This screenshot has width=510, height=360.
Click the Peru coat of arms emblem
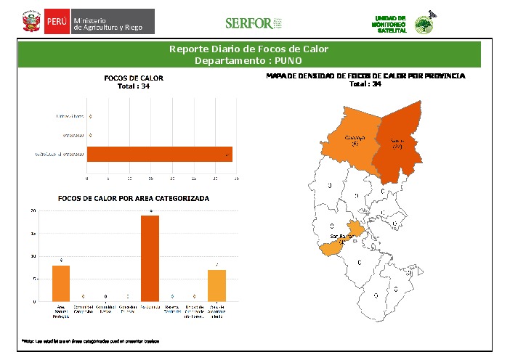tap(31, 21)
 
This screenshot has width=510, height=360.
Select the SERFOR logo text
tap(249, 23)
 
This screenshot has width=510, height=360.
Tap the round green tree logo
tap(423, 25)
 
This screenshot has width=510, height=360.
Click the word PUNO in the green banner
tap(287, 60)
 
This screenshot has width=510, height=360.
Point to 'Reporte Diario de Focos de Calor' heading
tap(248, 49)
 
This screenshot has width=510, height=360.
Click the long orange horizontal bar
tap(160, 154)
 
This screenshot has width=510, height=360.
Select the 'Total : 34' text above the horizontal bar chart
tap(134, 86)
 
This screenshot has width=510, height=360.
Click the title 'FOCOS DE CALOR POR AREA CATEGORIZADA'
tap(134, 197)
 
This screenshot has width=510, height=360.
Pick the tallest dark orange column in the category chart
tap(150, 258)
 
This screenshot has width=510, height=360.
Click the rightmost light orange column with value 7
tap(216, 285)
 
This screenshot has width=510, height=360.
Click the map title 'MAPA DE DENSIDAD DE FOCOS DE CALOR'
tap(365, 75)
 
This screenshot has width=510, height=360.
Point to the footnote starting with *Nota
tap(90, 340)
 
